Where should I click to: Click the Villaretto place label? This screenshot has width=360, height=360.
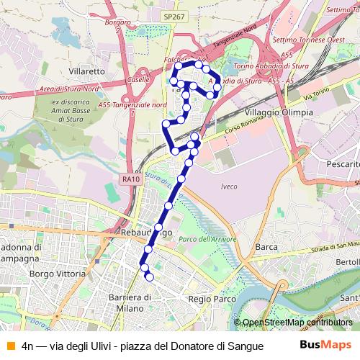[x=86, y=72]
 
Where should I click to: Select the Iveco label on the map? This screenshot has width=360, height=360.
[x=224, y=186]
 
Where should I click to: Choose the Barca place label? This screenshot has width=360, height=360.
[x=266, y=247]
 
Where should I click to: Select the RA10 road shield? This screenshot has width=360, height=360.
[x=130, y=179]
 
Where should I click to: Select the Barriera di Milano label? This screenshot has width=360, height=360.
[x=128, y=302]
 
